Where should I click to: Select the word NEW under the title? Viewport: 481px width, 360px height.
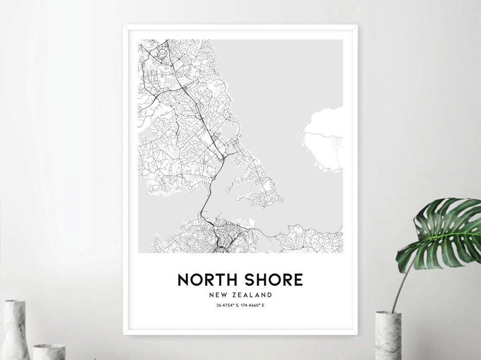(218, 295)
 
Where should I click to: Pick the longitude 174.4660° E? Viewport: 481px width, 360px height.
(253, 305)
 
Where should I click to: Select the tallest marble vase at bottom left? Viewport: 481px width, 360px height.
(15, 329)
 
